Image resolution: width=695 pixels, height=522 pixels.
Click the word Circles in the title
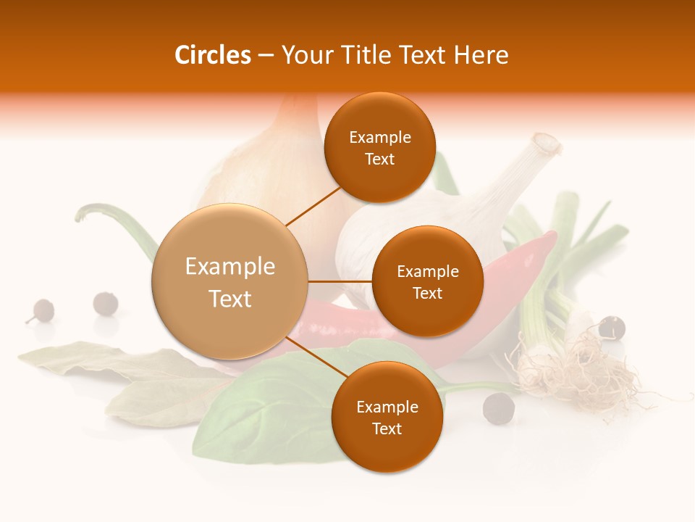[212, 55]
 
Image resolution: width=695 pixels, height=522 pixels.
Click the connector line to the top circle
[313, 206]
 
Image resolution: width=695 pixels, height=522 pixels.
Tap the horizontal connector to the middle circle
[340, 281]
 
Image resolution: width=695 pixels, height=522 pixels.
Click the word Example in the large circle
[230, 267]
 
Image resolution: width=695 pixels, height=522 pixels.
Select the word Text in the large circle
[230, 299]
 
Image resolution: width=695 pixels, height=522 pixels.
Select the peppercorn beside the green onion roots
[612, 327]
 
